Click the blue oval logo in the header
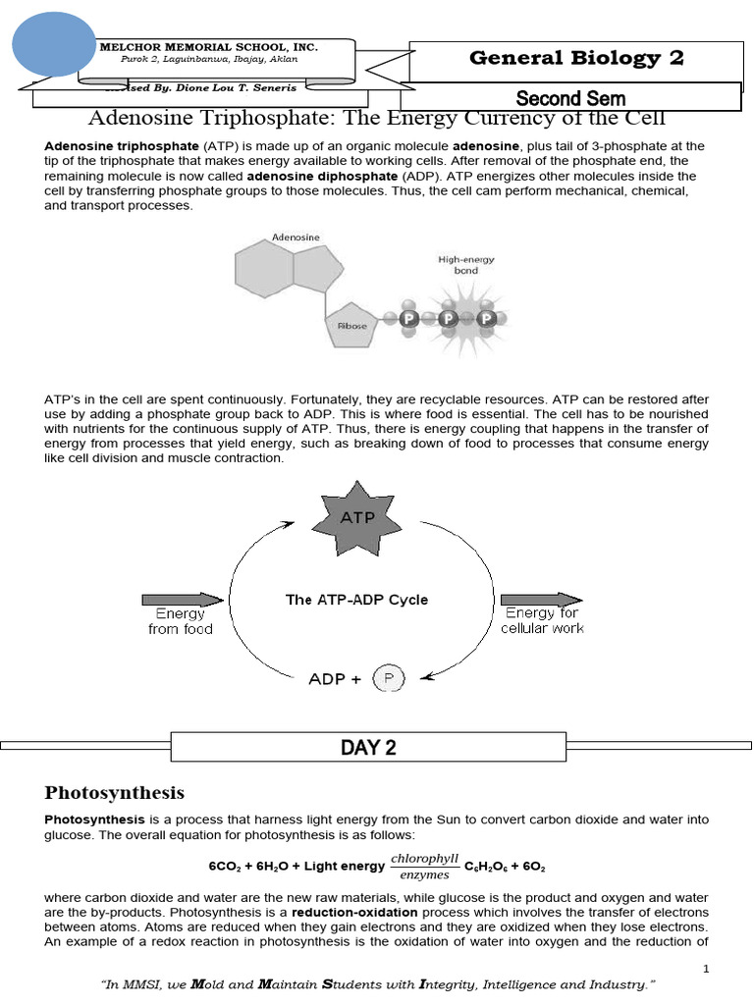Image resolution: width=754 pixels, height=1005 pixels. [56, 44]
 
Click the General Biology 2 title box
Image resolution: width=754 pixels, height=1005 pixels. [576, 58]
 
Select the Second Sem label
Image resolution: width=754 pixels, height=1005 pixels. [570, 97]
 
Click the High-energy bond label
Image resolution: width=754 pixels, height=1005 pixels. [466, 264]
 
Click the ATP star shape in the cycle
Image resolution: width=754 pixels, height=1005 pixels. [356, 517]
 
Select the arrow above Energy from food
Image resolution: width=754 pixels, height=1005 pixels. [183, 599]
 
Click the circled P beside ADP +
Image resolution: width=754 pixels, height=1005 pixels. [389, 678]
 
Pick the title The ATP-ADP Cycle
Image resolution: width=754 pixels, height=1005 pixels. [356, 599]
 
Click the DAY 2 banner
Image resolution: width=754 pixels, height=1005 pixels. [368, 748]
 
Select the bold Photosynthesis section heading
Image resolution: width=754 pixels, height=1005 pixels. [115, 792]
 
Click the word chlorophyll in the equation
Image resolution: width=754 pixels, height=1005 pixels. [424, 858]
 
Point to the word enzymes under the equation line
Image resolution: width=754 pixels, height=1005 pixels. [424, 874]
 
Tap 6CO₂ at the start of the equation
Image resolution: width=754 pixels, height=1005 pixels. [224, 867]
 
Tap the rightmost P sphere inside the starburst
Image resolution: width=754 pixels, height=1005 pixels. [482, 319]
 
